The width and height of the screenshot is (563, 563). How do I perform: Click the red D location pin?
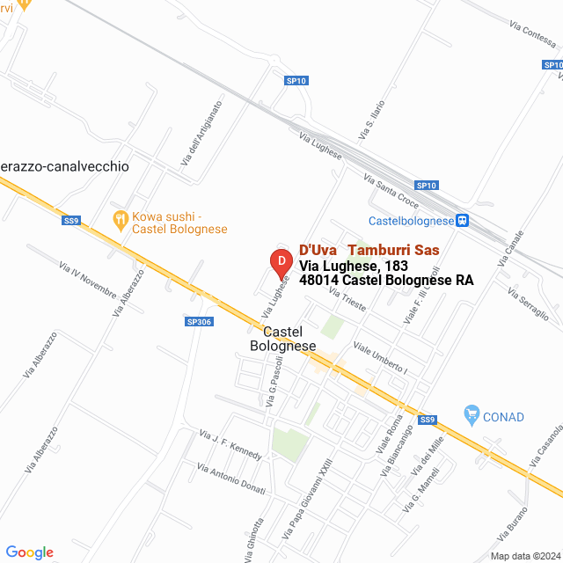coord(280,261)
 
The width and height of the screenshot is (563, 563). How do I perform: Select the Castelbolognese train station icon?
coord(463,221)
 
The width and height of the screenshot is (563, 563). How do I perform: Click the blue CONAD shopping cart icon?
coord(472,413)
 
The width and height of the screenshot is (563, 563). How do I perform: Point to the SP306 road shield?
coord(200,322)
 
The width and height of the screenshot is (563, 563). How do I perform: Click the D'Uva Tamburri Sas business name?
coord(369,250)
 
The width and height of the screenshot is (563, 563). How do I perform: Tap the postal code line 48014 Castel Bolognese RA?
coord(386,281)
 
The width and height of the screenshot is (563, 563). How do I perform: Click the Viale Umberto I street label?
coord(380,355)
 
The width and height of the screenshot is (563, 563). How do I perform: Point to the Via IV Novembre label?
coord(87,278)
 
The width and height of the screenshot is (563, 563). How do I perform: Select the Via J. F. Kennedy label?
coord(230,445)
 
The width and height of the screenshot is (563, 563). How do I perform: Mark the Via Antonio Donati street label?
coord(230,480)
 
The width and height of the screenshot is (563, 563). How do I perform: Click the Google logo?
coord(29,552)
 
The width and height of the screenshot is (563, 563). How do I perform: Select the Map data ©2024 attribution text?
coord(525,556)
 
